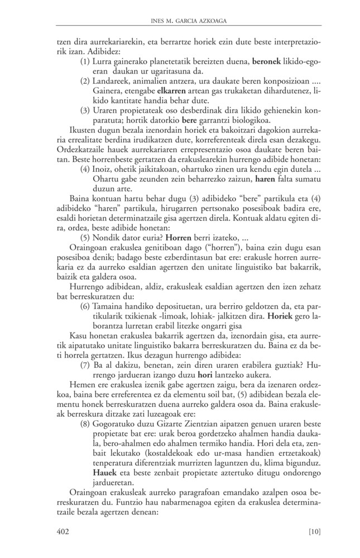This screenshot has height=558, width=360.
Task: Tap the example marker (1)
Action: (87, 59)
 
